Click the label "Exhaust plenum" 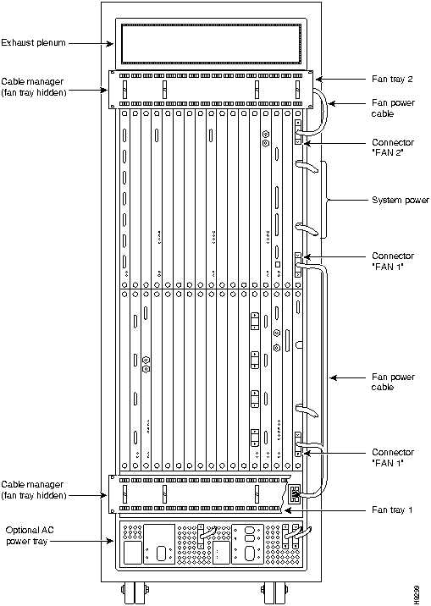[x=33, y=42]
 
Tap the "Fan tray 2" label [x=392, y=80]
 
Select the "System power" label [x=401, y=201]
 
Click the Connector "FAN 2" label [x=393, y=147]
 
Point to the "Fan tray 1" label [x=392, y=510]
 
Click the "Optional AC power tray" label [x=30, y=536]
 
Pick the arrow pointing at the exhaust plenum [x=91, y=43]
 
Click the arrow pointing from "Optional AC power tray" [x=82, y=541]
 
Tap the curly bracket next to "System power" [x=327, y=200]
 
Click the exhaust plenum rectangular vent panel [x=211, y=44]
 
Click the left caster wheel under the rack [x=135, y=592]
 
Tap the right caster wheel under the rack [x=274, y=592]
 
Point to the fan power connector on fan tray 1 [x=294, y=494]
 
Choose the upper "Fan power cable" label [x=393, y=108]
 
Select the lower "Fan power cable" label [x=393, y=382]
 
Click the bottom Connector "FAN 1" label [x=393, y=457]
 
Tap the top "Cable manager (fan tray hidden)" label [x=34, y=87]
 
